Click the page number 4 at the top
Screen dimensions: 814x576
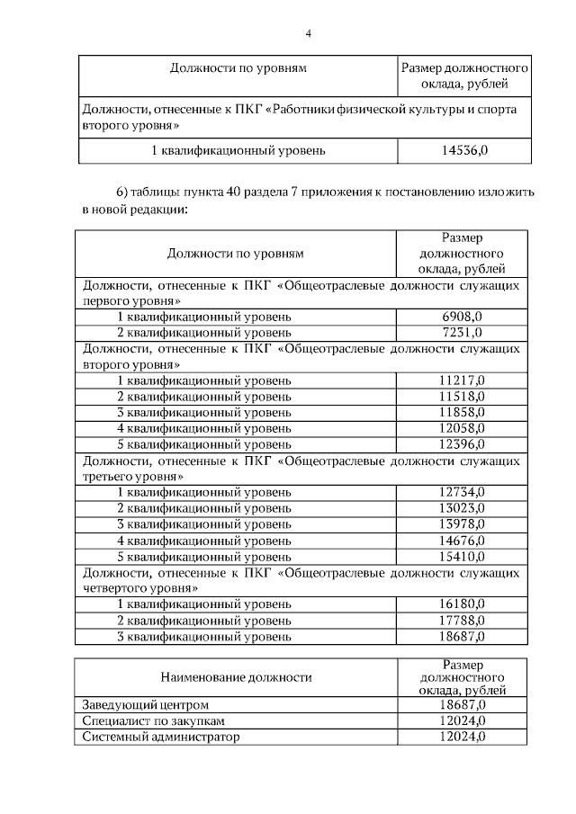click(308, 33)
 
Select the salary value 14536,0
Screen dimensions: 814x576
click(463, 149)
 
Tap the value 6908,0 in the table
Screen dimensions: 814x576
click(463, 317)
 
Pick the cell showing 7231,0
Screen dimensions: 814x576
click(463, 332)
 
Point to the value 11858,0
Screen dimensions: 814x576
click(463, 412)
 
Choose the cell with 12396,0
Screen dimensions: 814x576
click(463, 444)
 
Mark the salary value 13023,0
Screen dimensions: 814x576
click(463, 508)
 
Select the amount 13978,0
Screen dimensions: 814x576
click(463, 523)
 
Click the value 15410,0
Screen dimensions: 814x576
click(463, 556)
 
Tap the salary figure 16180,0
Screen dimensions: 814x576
click(463, 604)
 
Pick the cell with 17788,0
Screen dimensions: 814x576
click(463, 620)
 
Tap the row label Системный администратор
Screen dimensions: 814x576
click(161, 737)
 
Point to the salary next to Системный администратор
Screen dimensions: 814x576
click(463, 737)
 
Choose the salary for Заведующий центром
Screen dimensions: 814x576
click(463, 704)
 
